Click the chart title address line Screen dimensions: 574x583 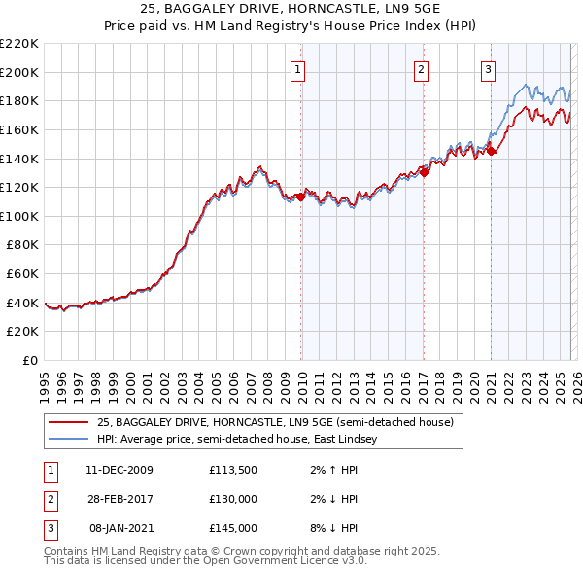pyautogui.click(x=291, y=9)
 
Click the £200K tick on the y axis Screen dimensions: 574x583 pyautogui.click(x=19, y=72)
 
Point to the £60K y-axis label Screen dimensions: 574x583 pyautogui.click(x=22, y=274)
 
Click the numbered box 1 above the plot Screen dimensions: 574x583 pyautogui.click(x=296, y=69)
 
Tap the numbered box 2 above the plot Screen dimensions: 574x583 pyautogui.click(x=421, y=69)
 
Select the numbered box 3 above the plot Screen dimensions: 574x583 pyautogui.click(x=487, y=69)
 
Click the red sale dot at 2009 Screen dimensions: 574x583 pyautogui.click(x=300, y=197)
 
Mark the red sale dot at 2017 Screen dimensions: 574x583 pyautogui.click(x=425, y=172)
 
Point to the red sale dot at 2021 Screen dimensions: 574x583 pyautogui.click(x=491, y=151)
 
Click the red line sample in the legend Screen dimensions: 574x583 pyautogui.click(x=69, y=423)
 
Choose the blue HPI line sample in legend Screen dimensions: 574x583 pyautogui.click(x=69, y=440)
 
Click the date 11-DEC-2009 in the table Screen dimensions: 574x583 pyautogui.click(x=119, y=470)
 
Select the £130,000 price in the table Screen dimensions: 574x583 pyautogui.click(x=233, y=499)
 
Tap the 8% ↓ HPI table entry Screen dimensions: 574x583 pyautogui.click(x=335, y=528)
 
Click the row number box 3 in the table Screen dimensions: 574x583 pyautogui.click(x=49, y=528)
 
